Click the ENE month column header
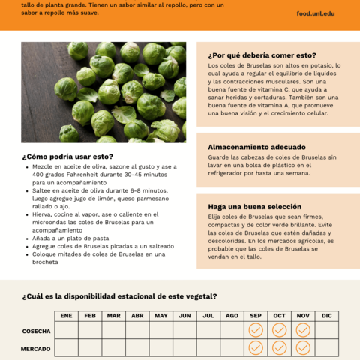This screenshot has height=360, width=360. click(67, 316)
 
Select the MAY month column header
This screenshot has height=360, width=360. click(161, 316)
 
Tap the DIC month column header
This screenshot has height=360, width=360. click(326, 316)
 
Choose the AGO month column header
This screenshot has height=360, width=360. click(232, 316)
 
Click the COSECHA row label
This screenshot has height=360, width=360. click(36, 331)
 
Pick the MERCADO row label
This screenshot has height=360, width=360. click(36, 348)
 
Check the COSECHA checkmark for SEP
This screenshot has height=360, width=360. click(256, 330)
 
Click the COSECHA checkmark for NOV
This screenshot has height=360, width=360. click(303, 330)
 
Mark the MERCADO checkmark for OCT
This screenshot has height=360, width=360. click(279, 348)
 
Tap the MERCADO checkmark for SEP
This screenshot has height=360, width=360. click(256, 348)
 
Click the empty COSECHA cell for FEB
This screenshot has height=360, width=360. click(90, 330)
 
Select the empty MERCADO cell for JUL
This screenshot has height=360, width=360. click(208, 348)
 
